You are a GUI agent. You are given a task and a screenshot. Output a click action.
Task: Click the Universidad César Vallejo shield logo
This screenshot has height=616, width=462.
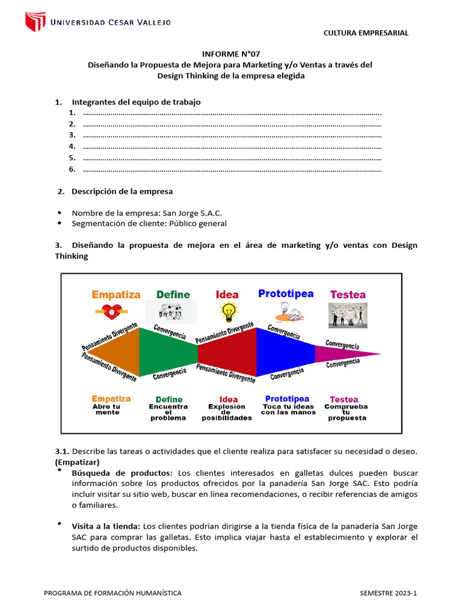point(35,22)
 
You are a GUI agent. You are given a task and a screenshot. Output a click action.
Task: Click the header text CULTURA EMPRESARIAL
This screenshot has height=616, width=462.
point(366,33)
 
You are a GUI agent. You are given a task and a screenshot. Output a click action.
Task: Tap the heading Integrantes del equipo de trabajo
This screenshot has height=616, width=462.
point(136,102)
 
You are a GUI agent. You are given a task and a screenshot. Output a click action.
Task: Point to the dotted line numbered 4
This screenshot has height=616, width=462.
point(232,147)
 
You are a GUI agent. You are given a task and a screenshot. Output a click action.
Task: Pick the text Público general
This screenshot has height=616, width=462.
point(197,223)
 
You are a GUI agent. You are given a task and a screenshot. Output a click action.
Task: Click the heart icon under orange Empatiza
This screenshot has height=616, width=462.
point(112,311)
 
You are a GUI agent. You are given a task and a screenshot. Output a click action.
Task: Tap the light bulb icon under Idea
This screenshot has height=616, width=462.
point(228,311)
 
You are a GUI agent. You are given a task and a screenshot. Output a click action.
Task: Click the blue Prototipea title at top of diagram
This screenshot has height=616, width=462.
point(286,294)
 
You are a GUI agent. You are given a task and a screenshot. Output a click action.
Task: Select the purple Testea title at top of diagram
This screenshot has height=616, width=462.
point(348,295)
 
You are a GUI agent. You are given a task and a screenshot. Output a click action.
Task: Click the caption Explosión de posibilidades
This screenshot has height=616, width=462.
point(227,412)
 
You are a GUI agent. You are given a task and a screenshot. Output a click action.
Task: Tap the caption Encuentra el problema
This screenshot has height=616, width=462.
point(168,412)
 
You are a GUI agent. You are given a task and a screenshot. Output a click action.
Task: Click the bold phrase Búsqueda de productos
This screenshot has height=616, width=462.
point(122,472)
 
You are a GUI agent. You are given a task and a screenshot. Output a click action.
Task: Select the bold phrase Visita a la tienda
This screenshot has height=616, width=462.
point(106,526)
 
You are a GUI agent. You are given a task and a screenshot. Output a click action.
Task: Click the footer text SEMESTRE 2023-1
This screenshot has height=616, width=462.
point(388,593)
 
